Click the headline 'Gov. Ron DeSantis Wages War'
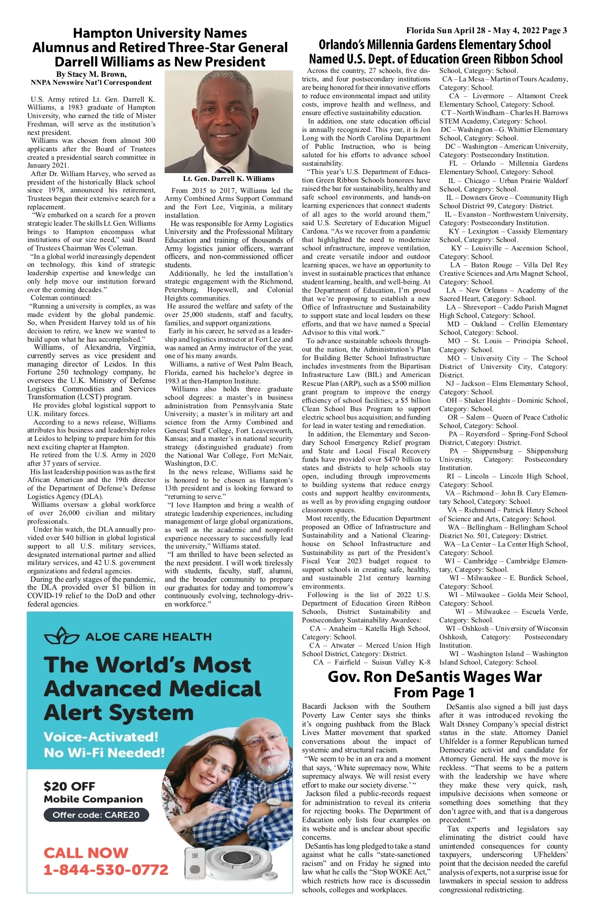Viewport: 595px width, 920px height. click(434, 677)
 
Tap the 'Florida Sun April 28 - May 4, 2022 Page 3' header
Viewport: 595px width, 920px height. click(486, 31)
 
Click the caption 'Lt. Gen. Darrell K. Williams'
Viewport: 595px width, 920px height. click(229, 179)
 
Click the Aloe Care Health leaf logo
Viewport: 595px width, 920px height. click(61, 636)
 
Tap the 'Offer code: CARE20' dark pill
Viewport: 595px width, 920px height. click(96, 815)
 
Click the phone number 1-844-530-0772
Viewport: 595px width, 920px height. click(106, 869)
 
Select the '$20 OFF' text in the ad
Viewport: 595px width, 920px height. click(69, 786)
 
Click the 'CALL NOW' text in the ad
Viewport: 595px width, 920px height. click(86, 853)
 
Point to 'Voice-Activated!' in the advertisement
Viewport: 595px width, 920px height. click(101, 737)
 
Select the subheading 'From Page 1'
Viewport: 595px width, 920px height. click(434, 692)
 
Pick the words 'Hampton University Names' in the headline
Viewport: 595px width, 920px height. click(160, 33)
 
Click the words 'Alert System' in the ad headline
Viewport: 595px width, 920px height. click(119, 713)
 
